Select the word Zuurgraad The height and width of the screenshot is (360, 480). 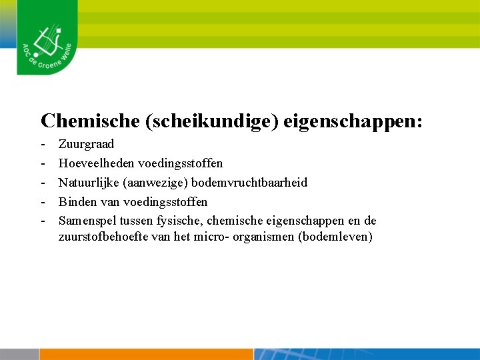pyautogui.click(x=86, y=144)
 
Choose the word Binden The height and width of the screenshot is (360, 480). pyautogui.click(x=77, y=202)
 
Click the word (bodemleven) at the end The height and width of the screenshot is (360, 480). pyautogui.click(x=335, y=237)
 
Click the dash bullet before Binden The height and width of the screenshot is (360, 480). pyautogui.click(x=43, y=202)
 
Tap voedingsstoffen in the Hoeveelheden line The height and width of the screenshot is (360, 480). pyautogui.click(x=181, y=163)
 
